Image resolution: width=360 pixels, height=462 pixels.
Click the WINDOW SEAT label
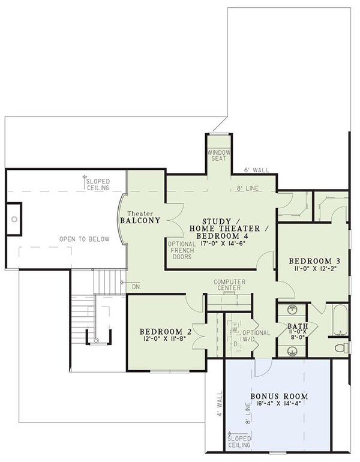[x=218, y=156]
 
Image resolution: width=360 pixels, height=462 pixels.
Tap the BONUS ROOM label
[x=280, y=397]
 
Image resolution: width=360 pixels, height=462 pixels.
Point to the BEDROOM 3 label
[x=314, y=261]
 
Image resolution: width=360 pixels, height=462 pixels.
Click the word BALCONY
[x=140, y=220]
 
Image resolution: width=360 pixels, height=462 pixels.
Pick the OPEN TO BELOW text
[x=84, y=239]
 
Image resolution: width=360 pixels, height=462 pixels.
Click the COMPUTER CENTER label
[x=227, y=284]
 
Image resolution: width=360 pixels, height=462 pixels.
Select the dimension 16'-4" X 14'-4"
[x=280, y=406]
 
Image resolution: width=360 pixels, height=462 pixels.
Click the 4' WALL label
[x=220, y=404]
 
